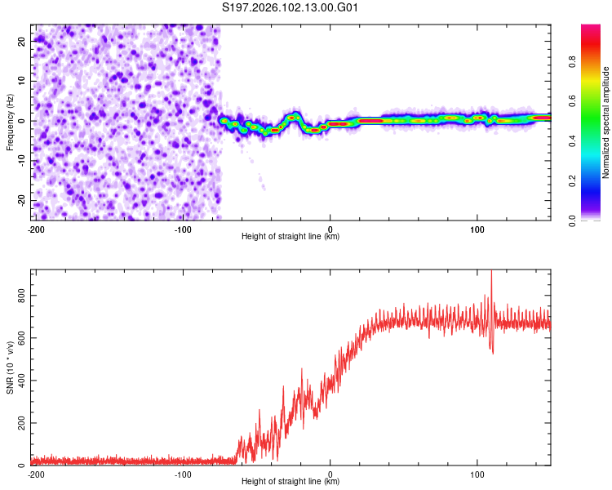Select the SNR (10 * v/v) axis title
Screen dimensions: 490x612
[10, 367]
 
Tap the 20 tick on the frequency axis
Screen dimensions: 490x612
[21, 40]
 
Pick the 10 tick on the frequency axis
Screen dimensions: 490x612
[21, 80]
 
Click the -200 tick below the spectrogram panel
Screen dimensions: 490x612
[35, 229]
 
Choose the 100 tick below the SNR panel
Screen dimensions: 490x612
[477, 474]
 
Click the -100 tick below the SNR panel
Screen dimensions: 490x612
[183, 474]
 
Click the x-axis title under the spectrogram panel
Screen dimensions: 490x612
[290, 237]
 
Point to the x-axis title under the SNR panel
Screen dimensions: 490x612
[290, 482]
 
